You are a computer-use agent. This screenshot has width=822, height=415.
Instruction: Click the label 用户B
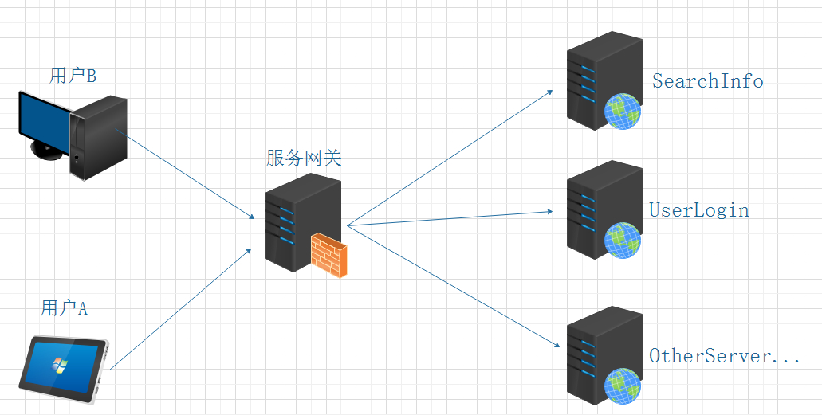pos(73,76)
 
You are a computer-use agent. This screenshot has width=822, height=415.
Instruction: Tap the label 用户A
pos(64,308)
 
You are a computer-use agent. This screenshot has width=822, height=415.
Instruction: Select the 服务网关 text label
pos(303,159)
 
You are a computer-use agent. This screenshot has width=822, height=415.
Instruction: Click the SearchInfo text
pos(707,81)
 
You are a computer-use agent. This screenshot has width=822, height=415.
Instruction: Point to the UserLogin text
pos(699,210)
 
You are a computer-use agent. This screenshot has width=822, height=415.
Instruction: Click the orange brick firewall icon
pos(329,255)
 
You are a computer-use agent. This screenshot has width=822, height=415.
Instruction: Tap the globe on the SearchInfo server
pos(623,111)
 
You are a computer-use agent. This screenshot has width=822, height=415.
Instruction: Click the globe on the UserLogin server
pos(623,240)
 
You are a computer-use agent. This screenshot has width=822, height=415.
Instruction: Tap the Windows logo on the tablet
pos(58,365)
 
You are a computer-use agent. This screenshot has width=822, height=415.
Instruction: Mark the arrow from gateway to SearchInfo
pos(450,158)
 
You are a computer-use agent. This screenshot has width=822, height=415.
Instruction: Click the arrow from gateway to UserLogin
pos(450,218)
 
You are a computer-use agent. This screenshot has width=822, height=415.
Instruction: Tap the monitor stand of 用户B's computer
pos(46,153)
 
